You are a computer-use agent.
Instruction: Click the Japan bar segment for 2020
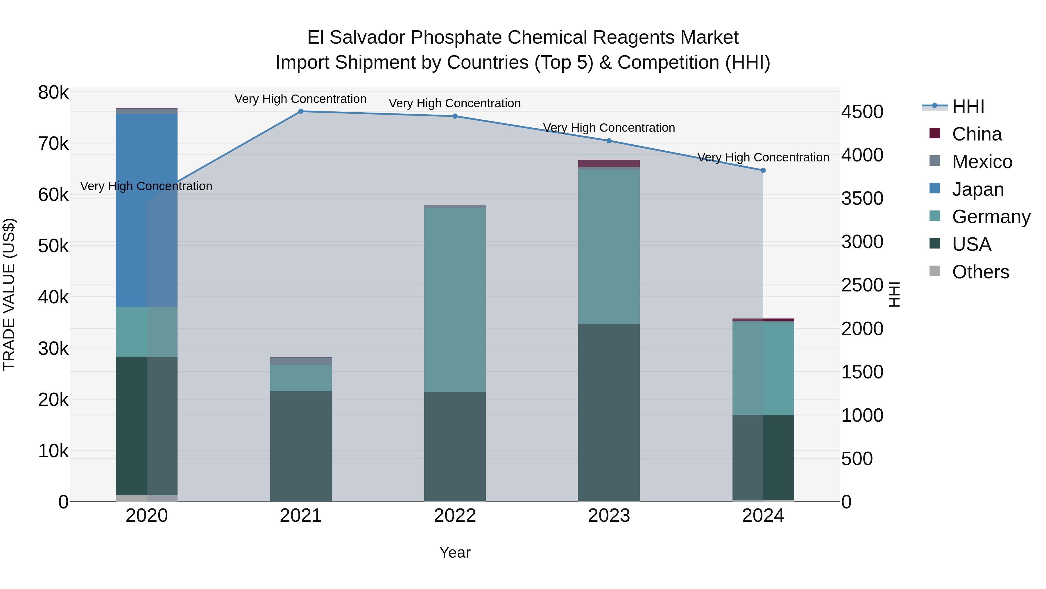pos(147,210)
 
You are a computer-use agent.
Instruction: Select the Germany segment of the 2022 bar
pos(455,300)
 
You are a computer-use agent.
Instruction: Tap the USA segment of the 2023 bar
pos(609,412)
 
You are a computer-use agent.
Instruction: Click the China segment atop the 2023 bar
pos(609,163)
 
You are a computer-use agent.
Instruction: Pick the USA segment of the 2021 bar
pos(301,446)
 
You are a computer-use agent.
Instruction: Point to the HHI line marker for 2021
pos(301,111)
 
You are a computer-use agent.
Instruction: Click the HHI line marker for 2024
pos(763,170)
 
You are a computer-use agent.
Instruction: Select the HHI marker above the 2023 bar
pos(609,141)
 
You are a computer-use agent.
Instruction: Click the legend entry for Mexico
pos(981,162)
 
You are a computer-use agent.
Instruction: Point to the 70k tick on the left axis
pos(53,143)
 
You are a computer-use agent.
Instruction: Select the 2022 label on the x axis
pos(455,516)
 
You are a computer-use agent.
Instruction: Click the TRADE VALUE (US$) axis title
pos(9,294)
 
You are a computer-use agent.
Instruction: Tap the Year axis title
pos(455,552)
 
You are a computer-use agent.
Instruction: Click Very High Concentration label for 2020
pos(146,186)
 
